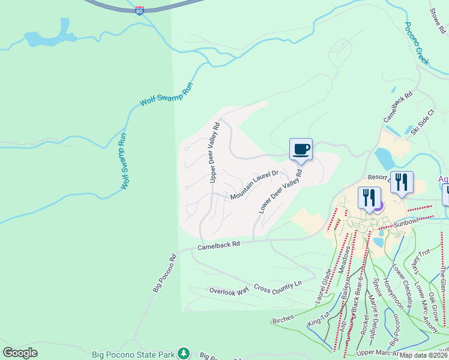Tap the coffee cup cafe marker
point(301,149)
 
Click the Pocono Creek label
point(417,43)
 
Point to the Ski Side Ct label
point(419,123)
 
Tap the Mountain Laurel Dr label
point(254,185)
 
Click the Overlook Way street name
point(229,291)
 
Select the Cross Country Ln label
point(277,287)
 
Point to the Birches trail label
point(283,320)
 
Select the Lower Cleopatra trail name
point(400,285)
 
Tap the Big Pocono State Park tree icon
point(187,353)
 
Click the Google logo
point(20,353)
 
